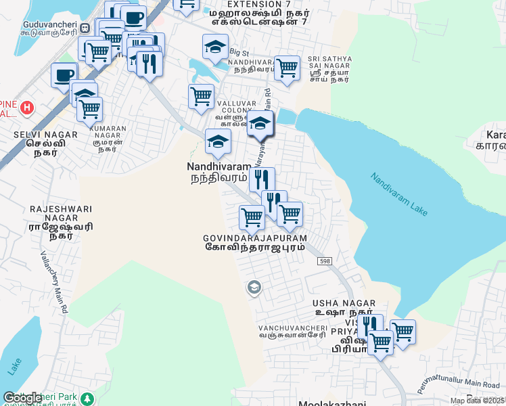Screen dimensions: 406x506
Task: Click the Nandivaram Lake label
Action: click(399, 194)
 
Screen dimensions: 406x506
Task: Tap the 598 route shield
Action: click(325, 261)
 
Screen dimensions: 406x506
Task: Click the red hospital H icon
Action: click(27, 107)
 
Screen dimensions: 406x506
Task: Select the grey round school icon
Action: click(254, 288)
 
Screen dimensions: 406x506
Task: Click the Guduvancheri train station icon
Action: click(85, 28)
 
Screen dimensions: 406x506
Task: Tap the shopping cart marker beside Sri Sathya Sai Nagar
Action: click(287, 68)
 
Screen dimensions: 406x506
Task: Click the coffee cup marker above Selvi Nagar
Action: click(64, 75)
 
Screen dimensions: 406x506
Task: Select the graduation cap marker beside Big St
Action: click(215, 47)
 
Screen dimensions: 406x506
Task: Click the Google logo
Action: click(22, 398)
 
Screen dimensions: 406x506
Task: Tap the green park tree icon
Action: click(87, 397)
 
